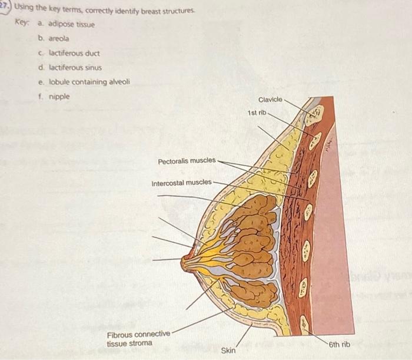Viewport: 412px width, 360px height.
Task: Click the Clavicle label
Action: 270,100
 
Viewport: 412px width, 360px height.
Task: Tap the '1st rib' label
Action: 257,112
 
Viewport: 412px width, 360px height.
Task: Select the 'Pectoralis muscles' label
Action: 187,161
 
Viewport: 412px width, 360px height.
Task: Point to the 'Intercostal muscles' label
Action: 182,183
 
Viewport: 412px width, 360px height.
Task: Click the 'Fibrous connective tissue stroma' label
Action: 138,338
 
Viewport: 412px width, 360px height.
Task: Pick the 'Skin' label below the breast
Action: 228,351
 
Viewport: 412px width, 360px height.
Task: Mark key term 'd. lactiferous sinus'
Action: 69,67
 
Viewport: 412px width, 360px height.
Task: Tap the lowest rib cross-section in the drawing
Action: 304,323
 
